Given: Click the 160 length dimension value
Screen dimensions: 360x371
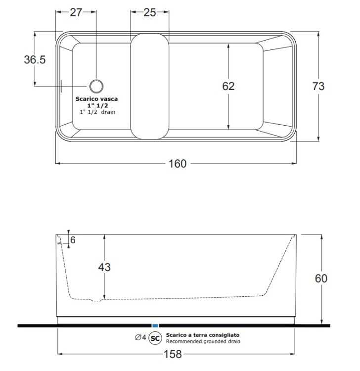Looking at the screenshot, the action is tap(178, 164).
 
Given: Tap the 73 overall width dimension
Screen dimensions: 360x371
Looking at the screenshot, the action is tap(318, 86).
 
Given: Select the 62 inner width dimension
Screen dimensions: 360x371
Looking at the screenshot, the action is tap(228, 86).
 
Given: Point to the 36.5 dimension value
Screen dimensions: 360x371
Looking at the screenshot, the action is tap(35, 59).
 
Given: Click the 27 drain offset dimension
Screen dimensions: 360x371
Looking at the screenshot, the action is tap(76, 12).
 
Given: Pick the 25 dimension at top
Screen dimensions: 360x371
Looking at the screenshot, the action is tap(150, 12).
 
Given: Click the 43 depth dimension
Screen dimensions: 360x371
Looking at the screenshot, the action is tap(104, 267).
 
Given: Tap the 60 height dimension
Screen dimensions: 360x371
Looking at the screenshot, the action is tap(321, 278).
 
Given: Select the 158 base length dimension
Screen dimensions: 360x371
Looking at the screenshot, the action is tap(173, 354).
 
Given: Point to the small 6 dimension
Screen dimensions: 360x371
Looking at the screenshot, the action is tap(73, 240).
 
